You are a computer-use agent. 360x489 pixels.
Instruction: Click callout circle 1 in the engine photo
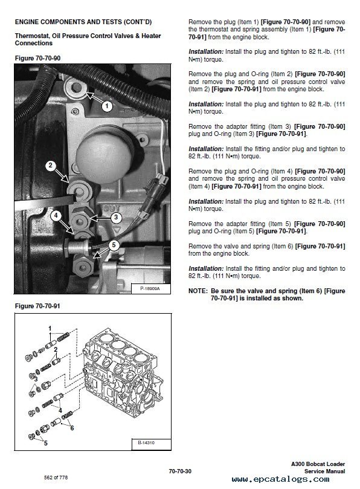click(x=107, y=106)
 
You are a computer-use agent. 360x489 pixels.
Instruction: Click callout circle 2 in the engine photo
click(x=51, y=166)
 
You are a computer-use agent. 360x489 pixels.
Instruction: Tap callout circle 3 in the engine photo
click(x=115, y=218)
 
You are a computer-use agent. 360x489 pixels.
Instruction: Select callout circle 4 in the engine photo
click(x=55, y=215)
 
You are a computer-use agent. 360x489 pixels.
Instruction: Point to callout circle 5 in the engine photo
click(x=114, y=245)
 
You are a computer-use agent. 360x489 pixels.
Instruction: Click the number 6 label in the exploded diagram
click(x=72, y=428)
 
